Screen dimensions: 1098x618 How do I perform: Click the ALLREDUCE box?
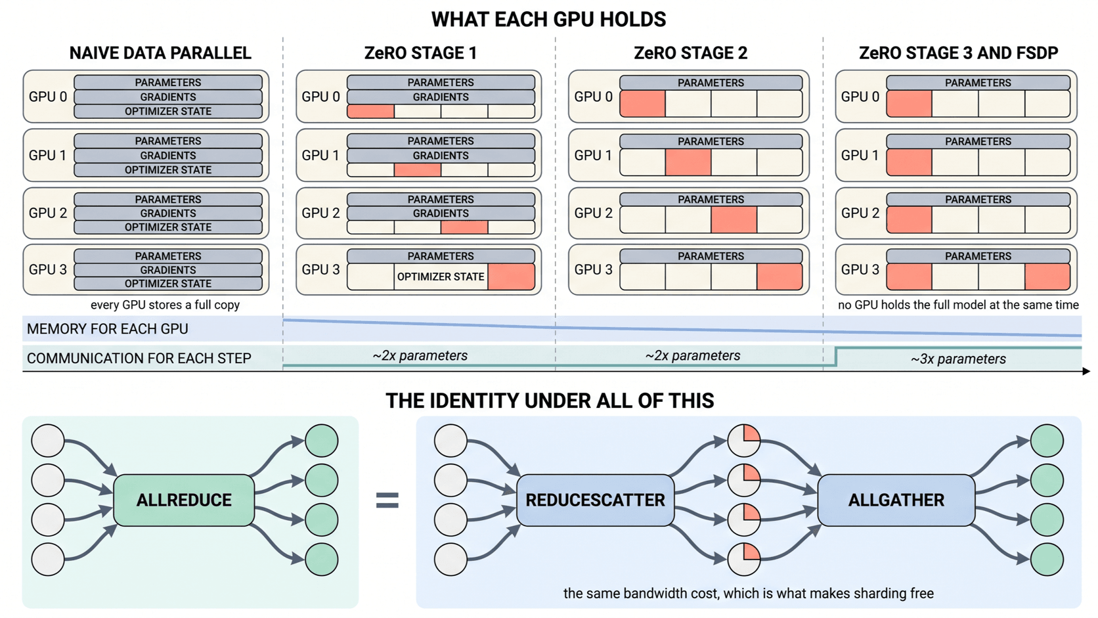pyautogui.click(x=184, y=500)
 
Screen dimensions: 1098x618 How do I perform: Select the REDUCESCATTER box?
pyautogui.click(x=595, y=500)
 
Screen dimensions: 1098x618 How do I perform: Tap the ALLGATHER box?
pyautogui.click(x=896, y=500)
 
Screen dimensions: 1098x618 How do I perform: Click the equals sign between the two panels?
pyautogui.click(x=387, y=500)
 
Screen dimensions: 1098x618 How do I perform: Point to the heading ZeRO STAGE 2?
pyautogui.click(x=690, y=53)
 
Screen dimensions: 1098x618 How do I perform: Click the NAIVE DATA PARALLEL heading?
pyautogui.click(x=160, y=53)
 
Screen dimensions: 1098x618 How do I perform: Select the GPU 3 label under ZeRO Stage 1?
pyautogui.click(x=320, y=269)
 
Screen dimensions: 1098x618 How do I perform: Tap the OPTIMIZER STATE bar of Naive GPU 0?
pyautogui.click(x=168, y=111)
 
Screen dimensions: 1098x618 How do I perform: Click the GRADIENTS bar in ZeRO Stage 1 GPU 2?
pyautogui.click(x=441, y=213)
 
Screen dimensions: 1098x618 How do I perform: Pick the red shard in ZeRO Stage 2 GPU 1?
pyautogui.click(x=688, y=162)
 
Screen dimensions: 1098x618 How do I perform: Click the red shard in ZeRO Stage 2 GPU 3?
pyautogui.click(x=780, y=276)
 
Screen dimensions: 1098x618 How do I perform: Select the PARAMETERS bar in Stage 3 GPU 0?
pyautogui.click(x=978, y=82)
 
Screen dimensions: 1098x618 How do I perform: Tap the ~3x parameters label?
pyautogui.click(x=958, y=359)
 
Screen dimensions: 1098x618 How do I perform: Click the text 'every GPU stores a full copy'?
pyautogui.click(x=165, y=305)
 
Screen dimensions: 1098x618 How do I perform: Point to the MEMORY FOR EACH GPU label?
pyautogui.click(x=107, y=329)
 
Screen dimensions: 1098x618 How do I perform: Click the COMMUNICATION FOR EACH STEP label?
pyautogui.click(x=139, y=358)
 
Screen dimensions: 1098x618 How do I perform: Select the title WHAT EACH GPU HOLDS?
pyautogui.click(x=548, y=20)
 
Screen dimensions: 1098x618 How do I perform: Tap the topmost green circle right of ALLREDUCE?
pyautogui.click(x=322, y=441)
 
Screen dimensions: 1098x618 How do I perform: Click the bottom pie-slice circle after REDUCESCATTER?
pyautogui.click(x=744, y=559)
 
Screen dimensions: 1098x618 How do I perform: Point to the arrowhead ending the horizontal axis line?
pyautogui.click(x=1086, y=372)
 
